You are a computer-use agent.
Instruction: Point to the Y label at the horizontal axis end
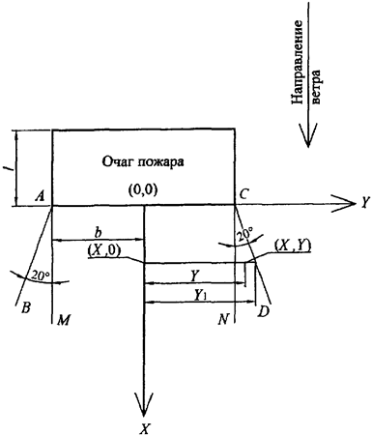364,203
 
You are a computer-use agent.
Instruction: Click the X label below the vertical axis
144,426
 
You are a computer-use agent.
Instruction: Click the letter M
63,320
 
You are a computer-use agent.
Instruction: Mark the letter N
222,318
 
